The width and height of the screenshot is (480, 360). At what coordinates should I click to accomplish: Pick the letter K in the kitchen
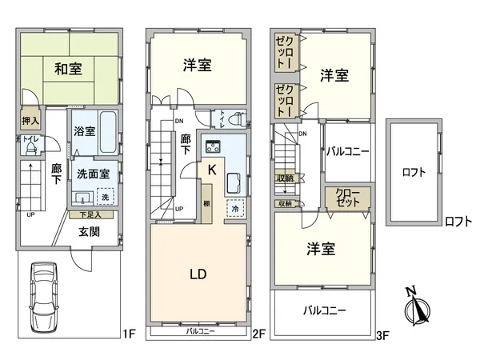click(211, 170)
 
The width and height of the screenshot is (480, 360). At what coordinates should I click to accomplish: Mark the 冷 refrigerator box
click(235, 208)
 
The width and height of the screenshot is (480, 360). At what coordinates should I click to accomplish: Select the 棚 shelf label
click(206, 202)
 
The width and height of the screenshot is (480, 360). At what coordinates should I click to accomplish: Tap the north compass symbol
click(418, 308)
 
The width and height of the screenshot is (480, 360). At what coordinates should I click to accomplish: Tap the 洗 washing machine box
click(104, 196)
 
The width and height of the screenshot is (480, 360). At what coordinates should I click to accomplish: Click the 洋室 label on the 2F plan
click(198, 66)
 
